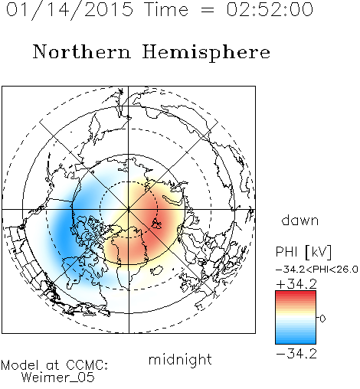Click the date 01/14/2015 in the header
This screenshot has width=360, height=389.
(x=70, y=10)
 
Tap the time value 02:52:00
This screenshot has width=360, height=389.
(x=270, y=9)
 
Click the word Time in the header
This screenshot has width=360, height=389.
(x=166, y=9)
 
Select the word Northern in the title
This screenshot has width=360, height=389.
(x=82, y=51)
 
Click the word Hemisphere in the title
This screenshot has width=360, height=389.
(x=206, y=53)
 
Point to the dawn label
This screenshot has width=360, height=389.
(x=300, y=220)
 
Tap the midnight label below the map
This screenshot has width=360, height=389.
(x=180, y=359)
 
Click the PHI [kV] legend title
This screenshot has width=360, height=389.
(x=303, y=252)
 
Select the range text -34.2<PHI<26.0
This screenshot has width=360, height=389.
(x=317, y=270)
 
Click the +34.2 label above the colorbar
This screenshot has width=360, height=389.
(x=296, y=284)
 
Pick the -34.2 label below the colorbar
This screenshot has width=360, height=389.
(x=296, y=354)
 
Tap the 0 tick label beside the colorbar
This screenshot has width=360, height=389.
(x=322, y=319)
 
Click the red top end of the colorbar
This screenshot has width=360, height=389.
(x=296, y=293)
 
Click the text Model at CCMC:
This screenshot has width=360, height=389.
(x=54, y=365)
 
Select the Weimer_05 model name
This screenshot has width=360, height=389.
(x=58, y=378)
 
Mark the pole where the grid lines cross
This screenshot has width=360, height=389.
(x=129, y=210)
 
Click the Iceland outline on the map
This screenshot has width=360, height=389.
(x=156, y=270)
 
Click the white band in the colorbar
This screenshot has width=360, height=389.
(x=296, y=318)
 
